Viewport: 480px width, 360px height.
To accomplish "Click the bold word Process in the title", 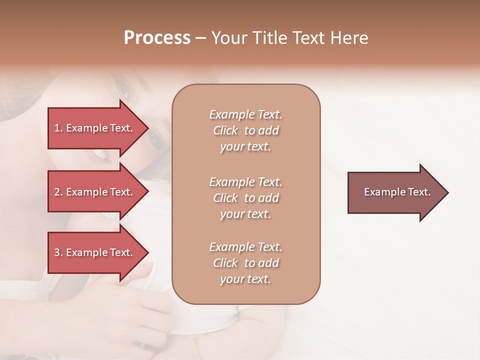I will [157, 38].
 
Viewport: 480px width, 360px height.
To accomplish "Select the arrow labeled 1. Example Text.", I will [95, 128].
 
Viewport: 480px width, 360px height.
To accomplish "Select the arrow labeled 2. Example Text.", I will [95, 192].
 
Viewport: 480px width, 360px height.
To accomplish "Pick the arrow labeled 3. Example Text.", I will [95, 252].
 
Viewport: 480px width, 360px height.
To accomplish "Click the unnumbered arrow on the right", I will [395, 192].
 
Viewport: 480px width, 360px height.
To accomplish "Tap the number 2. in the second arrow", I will [58, 192].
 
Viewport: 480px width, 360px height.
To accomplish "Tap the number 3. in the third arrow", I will [58, 252].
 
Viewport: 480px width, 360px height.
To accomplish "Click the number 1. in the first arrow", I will [58, 128].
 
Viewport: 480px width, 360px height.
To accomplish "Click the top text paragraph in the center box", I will [245, 130].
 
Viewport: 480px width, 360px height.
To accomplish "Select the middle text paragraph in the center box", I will [245, 198].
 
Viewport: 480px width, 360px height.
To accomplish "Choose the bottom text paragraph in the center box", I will [245, 263].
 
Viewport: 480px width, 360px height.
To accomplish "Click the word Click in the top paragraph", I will [225, 130].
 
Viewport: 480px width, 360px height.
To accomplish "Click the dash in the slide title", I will [201, 38].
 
